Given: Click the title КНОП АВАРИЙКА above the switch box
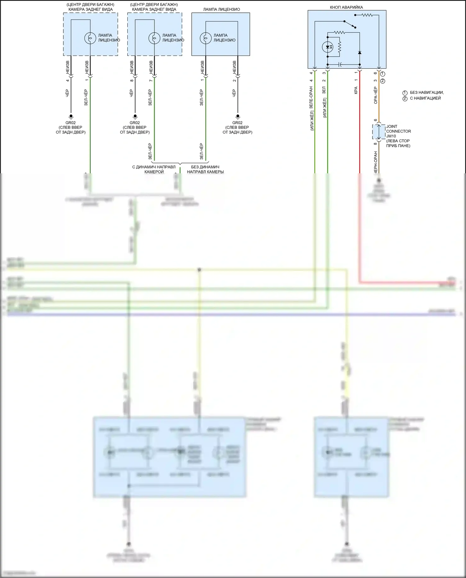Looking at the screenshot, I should point(346,7).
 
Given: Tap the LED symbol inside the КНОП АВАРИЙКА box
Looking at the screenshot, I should point(327,47).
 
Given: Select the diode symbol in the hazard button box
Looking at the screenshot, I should point(359,52).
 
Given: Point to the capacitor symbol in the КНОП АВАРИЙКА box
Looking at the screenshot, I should point(340,65).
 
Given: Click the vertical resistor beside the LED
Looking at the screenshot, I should point(339,47).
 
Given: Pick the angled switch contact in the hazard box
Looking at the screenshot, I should point(350,24).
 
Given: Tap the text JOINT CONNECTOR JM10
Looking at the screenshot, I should point(398,131).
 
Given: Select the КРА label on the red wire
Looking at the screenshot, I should point(356,90).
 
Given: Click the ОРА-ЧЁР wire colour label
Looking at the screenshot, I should point(375,95).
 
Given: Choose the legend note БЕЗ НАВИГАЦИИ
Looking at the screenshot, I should point(427,93).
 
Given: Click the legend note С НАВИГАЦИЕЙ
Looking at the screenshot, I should point(425,98).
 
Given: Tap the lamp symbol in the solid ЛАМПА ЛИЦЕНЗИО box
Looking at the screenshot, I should point(205,38).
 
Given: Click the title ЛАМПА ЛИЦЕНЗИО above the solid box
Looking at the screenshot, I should point(222,9).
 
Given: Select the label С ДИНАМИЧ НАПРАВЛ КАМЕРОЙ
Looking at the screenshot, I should point(154,169).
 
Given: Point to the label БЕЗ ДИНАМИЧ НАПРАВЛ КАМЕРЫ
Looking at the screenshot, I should point(205,169).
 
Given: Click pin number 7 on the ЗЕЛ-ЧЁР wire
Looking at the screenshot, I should point(151,80).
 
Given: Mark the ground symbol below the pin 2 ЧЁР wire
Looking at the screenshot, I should point(238,117).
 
